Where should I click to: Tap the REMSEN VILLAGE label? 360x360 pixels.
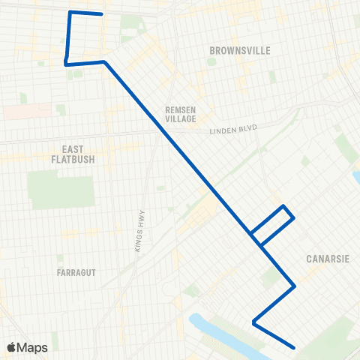[180, 114]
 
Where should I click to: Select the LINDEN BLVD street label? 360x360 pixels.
[232, 130]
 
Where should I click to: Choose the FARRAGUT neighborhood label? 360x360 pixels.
[76, 272]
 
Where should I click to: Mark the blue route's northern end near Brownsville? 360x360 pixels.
[101, 14]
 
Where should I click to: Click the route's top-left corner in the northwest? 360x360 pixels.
[70, 12]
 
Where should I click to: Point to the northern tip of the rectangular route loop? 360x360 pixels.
[283, 205]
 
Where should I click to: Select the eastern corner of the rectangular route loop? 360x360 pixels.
[293, 218]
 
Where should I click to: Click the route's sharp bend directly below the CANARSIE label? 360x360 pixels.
[295, 286]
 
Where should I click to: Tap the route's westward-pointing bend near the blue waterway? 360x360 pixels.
[254, 323]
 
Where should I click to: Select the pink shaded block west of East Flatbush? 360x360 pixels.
[15, 111]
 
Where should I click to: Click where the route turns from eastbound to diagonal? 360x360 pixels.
[104, 61]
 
